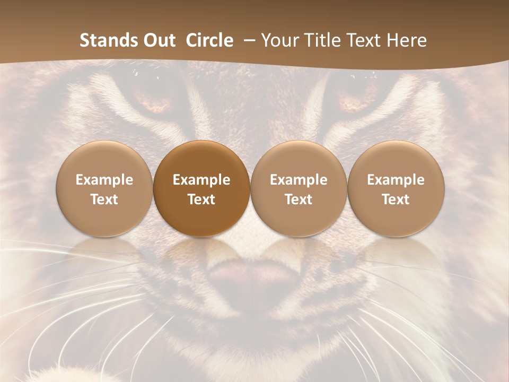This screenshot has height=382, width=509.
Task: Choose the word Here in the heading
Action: tap(407, 40)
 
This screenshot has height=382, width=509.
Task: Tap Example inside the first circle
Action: tap(104, 180)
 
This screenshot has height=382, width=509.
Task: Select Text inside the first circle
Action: tap(104, 199)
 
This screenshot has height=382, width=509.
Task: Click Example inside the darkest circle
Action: tap(201, 180)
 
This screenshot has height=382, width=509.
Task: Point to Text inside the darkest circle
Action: tap(201, 199)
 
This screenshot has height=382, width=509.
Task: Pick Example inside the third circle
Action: tap(299, 180)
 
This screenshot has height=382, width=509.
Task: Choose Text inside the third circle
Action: tap(299, 199)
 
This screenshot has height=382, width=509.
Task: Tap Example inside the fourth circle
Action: tap(396, 180)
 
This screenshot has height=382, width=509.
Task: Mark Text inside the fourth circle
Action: tap(396, 199)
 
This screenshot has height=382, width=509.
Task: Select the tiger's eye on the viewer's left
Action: tap(151, 95)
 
